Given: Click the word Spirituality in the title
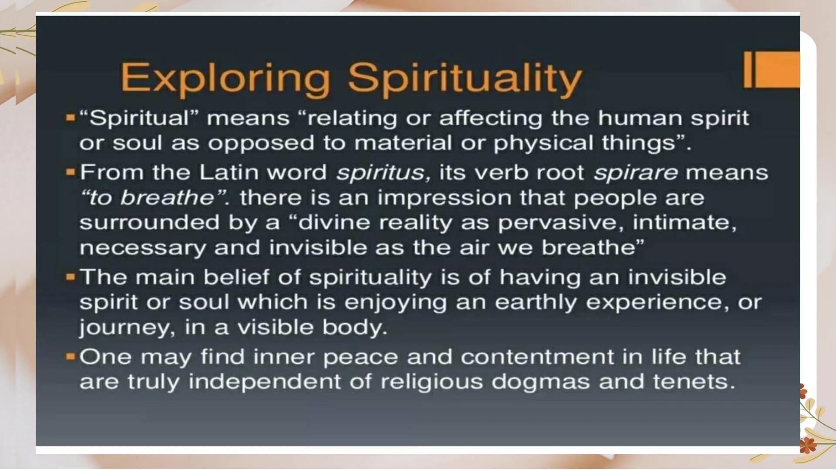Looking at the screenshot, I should tap(465, 79).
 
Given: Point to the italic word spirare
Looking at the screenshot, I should tap(635, 173).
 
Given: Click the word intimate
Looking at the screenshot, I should tap(684, 222).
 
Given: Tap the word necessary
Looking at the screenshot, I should tap(142, 248).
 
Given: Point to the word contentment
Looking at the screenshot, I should tap(536, 357).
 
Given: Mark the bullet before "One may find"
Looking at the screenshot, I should tap(71, 357).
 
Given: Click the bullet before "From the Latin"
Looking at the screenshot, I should tap(71, 172).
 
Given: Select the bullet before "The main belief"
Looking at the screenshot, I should tap(71, 277).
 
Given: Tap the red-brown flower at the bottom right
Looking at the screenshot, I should tap(807, 445).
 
